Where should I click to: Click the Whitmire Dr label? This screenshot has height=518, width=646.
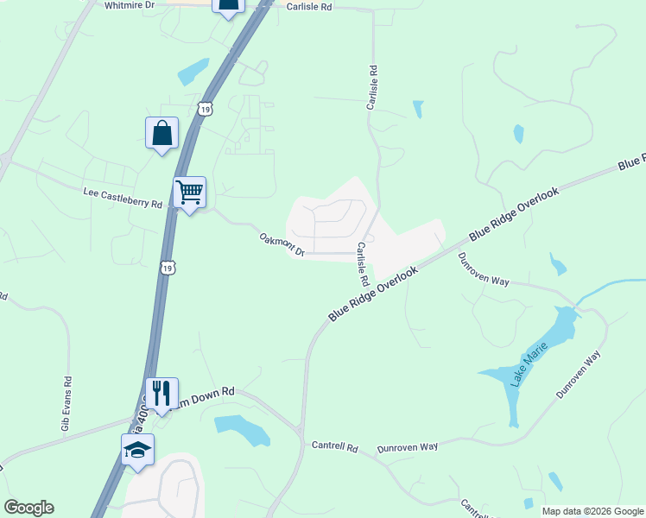129,5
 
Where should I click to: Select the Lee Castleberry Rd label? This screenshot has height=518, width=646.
123,198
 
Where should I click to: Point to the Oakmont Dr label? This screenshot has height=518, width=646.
282,244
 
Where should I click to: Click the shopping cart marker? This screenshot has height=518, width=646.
189,193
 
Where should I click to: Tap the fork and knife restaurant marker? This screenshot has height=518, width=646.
161,394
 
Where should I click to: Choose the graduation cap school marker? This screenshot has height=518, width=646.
137,451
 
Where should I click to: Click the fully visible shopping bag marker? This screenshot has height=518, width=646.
161,134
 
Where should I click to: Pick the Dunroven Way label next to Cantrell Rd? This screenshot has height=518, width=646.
408,447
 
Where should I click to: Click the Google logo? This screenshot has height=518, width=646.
28,508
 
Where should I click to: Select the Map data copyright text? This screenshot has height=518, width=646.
592,511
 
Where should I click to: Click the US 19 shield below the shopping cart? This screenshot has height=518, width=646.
168,268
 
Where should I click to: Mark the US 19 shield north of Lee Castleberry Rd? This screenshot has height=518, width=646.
203,108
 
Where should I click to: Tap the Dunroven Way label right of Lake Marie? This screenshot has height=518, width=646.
579,375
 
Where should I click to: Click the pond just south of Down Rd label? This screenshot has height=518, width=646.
241,428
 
